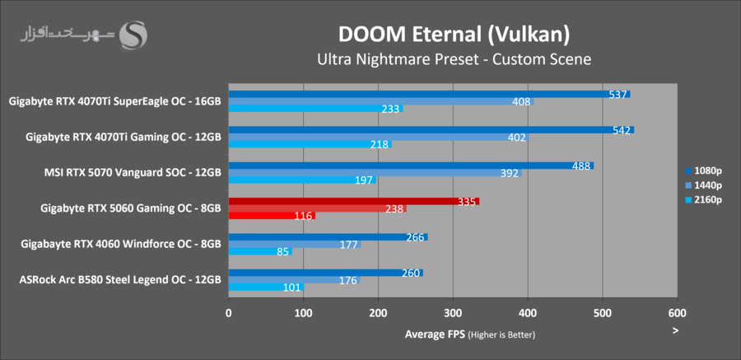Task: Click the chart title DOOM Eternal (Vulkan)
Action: [454, 34]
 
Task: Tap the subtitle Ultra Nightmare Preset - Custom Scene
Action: [454, 59]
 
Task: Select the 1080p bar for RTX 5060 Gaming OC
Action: [353, 201]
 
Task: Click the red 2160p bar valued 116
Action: [272, 216]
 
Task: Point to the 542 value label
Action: [622, 130]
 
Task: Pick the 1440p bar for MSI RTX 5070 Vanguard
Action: [375, 173]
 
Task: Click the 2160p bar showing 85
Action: [260, 251]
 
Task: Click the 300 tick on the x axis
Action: [453, 313]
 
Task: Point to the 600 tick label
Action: [677, 313]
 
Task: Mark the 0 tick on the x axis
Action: [229, 313]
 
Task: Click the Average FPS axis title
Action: [469, 334]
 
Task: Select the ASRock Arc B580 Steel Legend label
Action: [120, 279]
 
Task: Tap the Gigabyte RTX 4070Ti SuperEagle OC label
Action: [114, 102]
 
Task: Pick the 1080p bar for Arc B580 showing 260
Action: [325, 273]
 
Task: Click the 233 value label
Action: [390, 109]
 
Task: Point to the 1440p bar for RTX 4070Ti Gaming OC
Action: [379, 138]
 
